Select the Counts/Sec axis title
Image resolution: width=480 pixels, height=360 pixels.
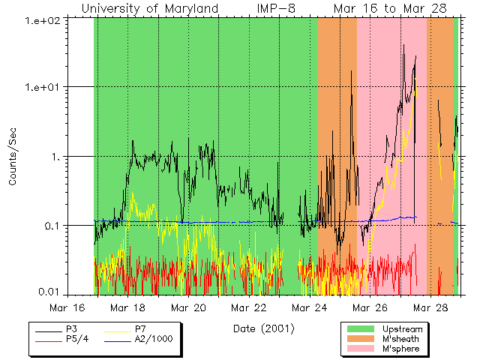[x=13, y=157]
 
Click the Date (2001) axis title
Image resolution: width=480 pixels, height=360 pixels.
[x=263, y=328]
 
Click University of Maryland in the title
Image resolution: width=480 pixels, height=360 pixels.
[x=149, y=8]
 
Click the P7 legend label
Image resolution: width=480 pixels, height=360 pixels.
[x=140, y=329]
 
